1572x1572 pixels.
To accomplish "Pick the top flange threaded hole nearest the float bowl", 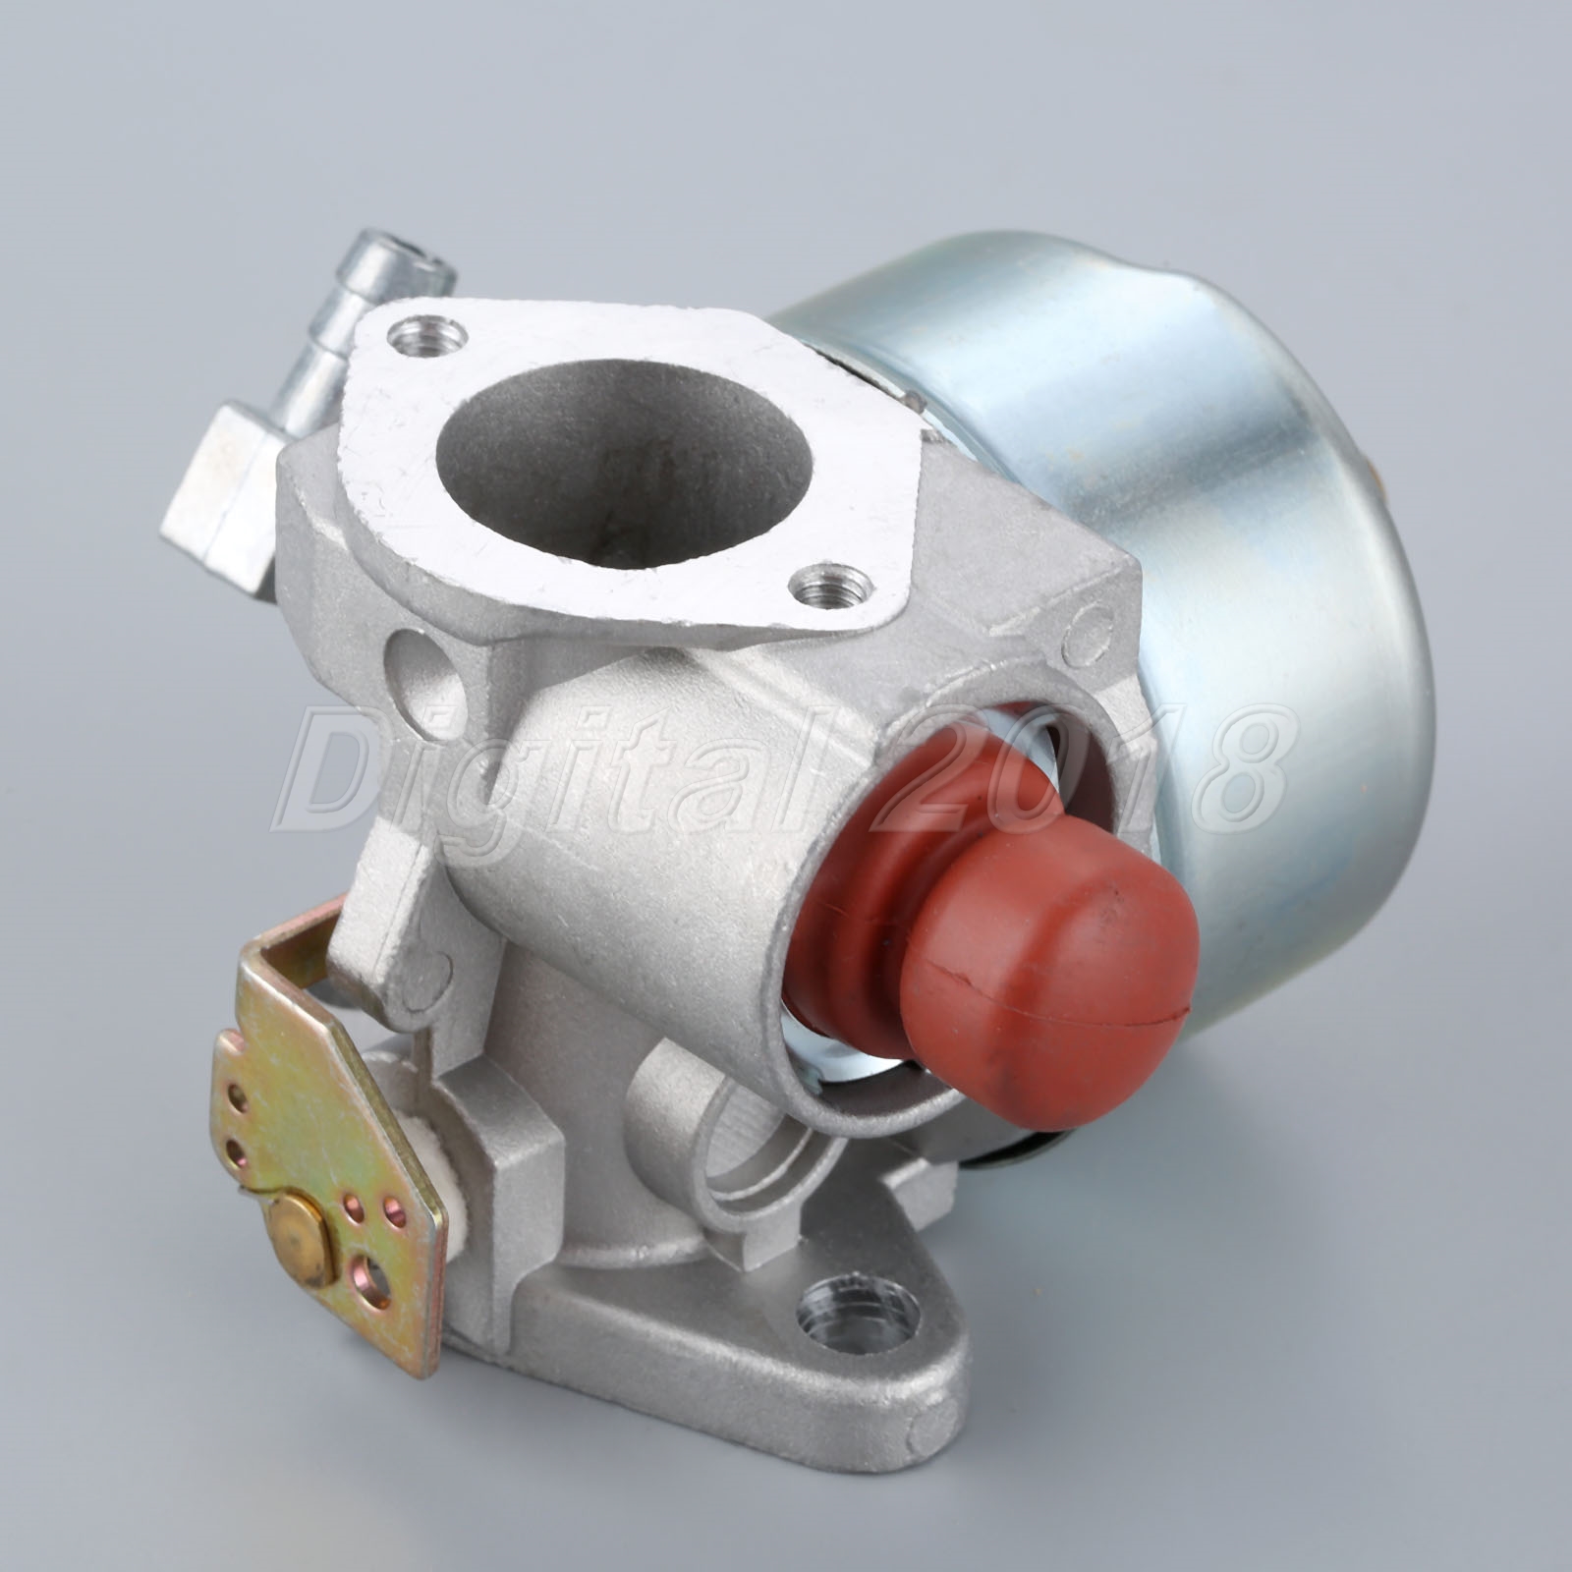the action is (x=820, y=589).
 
